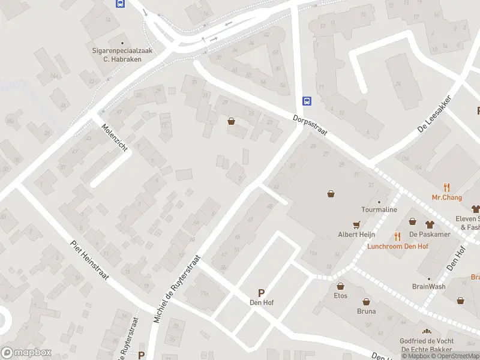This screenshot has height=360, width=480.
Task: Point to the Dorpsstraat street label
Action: (310, 125)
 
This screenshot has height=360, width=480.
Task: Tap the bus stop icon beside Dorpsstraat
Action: (307, 101)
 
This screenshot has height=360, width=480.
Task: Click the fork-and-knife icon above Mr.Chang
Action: (446, 187)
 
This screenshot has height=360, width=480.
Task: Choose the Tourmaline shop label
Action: (379, 210)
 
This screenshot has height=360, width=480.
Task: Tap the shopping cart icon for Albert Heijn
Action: (357, 224)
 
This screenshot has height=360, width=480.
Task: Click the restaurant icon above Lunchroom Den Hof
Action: (397, 236)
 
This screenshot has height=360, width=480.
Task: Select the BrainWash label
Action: (428, 286)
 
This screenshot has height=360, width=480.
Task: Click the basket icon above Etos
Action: (340, 286)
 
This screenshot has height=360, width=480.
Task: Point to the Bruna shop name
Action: (366, 311)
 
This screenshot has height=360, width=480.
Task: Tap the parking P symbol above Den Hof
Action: (261, 293)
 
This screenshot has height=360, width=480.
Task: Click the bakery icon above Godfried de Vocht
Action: (427, 331)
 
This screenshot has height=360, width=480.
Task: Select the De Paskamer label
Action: (430, 234)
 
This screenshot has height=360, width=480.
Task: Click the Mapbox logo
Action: (26, 353)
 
